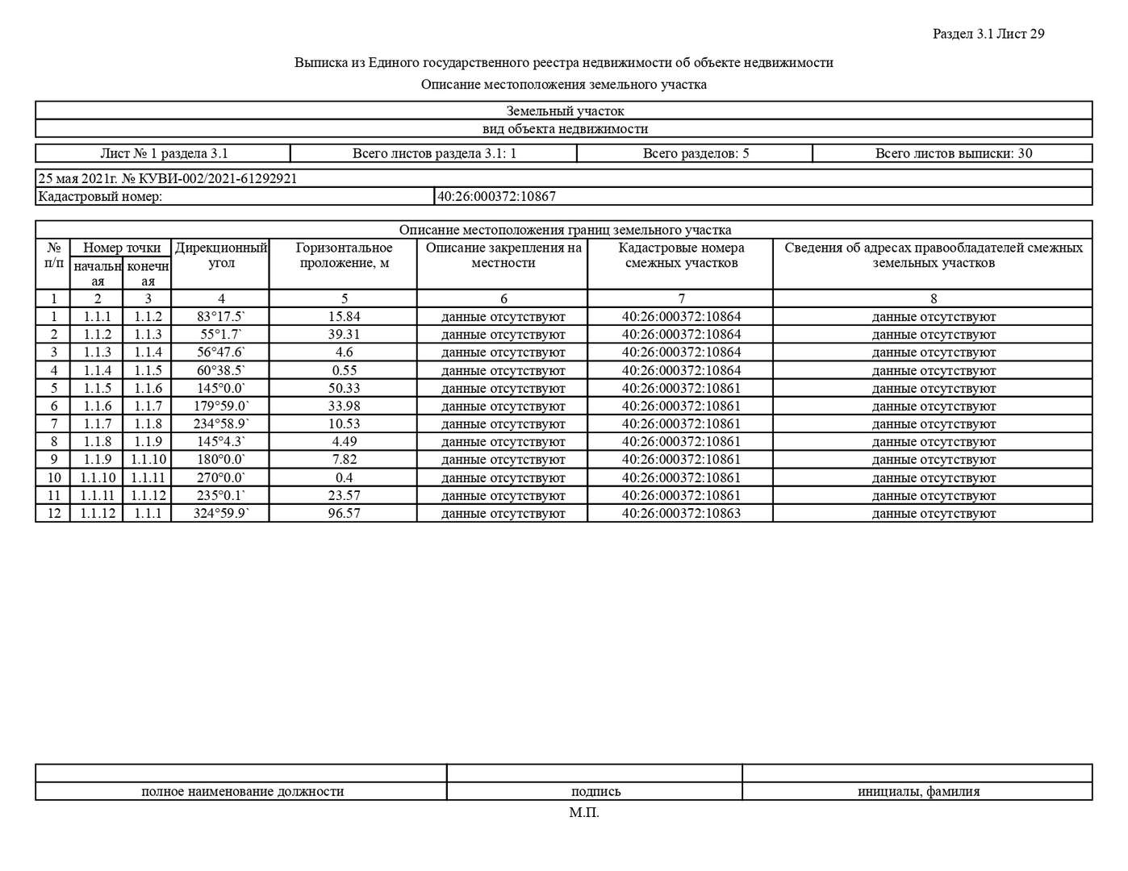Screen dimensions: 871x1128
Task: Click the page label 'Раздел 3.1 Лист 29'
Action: coord(988,34)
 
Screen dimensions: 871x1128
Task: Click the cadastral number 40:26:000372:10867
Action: coord(496,196)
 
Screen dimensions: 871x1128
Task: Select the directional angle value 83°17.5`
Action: coord(221,317)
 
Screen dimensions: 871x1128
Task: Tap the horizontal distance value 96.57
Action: coord(344,513)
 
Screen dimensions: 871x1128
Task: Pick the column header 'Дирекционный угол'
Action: coord(221,256)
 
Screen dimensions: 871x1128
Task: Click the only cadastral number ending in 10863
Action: coord(681,513)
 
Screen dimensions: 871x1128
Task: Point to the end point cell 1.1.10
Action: coord(148,460)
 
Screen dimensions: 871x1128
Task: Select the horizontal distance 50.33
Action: coord(344,388)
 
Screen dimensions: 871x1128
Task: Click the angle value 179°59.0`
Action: coord(221,406)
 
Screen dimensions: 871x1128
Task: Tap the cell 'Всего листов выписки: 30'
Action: coord(953,153)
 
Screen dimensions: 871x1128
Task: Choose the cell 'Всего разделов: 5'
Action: coord(696,153)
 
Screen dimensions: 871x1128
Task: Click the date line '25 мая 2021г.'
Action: coord(77,178)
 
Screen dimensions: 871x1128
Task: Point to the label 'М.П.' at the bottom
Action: coord(584,813)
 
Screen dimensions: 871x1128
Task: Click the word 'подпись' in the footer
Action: coord(595,791)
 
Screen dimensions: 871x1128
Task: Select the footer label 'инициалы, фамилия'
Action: coord(918,791)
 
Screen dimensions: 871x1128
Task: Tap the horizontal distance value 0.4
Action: coord(344,477)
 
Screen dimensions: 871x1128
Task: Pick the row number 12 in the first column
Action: coord(54,513)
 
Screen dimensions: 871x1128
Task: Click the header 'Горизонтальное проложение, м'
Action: coord(344,256)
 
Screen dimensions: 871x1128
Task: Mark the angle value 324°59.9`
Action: coord(221,513)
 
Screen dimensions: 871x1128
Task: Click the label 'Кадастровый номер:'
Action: coord(100,196)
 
